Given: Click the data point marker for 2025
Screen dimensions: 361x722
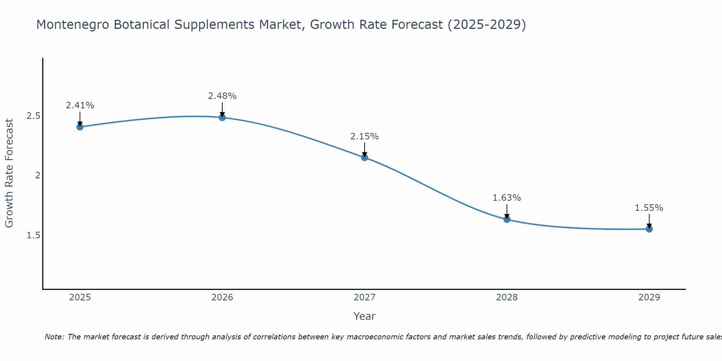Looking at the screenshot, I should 80,127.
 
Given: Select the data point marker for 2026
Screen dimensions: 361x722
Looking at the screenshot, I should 222,117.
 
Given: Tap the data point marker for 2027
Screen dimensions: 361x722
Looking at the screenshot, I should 365,157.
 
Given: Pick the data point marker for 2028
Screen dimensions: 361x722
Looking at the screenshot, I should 507,219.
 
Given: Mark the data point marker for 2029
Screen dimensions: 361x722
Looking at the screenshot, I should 649,229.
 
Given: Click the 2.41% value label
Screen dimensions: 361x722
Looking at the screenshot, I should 80,105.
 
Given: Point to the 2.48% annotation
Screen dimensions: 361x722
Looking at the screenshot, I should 222,96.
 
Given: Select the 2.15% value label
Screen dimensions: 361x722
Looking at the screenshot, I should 365,136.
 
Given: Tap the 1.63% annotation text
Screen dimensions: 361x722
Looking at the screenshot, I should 507,198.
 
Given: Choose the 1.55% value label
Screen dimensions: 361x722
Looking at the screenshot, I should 649,208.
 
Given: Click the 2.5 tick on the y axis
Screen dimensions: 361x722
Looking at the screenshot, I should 33,116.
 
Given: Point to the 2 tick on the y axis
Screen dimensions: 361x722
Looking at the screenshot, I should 37,175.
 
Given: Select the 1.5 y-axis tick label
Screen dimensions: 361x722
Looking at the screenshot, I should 33,235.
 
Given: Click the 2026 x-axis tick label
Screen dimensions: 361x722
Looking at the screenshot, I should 222,297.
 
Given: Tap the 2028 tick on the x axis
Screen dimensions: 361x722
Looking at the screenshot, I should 507,297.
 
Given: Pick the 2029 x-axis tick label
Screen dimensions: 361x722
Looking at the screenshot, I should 649,297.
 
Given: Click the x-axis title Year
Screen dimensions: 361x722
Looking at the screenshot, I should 365,316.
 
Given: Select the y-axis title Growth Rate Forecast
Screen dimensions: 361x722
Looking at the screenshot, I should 9,173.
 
